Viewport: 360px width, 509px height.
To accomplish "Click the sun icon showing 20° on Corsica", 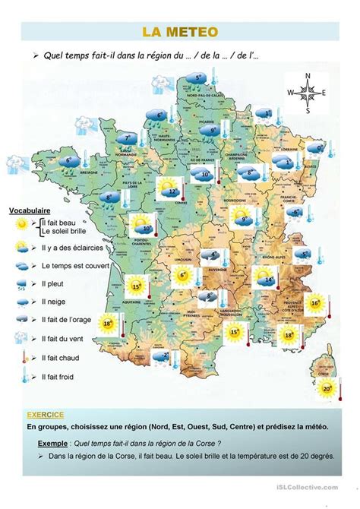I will (326, 389).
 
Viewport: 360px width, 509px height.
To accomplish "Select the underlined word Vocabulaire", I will (30, 210).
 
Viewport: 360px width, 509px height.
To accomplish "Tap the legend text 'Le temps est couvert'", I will (75, 266).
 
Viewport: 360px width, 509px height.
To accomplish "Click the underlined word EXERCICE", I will (45, 415).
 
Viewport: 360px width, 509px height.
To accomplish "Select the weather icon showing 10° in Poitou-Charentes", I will (141, 224).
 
